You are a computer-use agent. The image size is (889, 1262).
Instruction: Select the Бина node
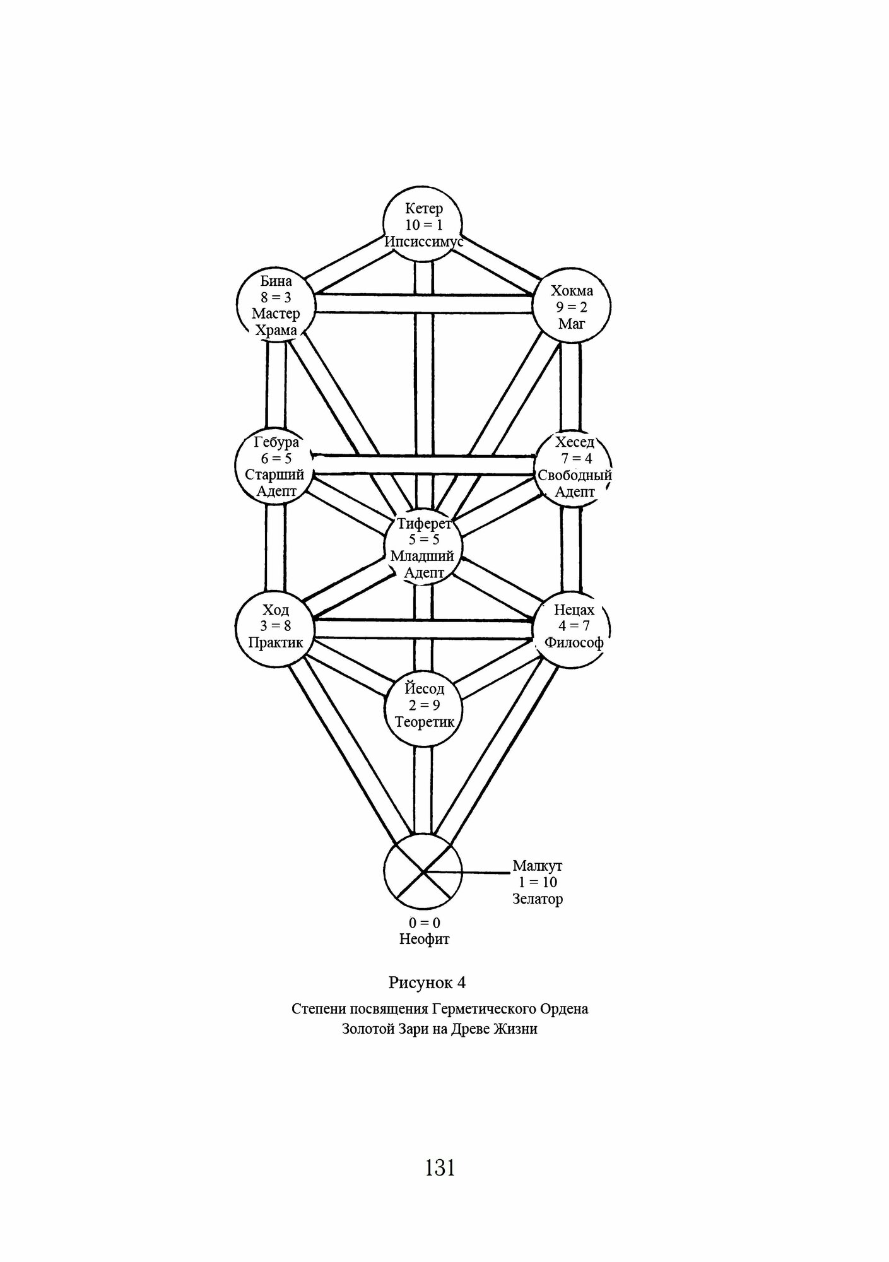276,305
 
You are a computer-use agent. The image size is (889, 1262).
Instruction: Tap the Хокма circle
572,307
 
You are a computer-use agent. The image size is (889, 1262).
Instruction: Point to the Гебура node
276,467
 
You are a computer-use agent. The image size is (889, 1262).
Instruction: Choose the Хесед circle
574,467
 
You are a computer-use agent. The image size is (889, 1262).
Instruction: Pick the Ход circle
276,627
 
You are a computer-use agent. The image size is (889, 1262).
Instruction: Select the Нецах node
574,627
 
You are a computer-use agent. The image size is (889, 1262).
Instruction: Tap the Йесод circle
423,706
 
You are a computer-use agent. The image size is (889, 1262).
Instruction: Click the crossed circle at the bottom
423,871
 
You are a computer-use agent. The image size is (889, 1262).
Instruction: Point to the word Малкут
537,866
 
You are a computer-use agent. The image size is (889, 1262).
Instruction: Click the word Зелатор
537,899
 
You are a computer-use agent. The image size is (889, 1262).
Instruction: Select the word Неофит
424,939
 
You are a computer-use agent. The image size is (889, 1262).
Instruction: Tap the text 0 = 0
424,923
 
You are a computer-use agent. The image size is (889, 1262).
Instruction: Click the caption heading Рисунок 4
427,982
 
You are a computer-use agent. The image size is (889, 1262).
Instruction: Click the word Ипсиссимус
424,242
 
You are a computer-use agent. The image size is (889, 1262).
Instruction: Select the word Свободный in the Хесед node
574,475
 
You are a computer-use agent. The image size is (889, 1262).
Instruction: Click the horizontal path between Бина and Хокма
423,304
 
